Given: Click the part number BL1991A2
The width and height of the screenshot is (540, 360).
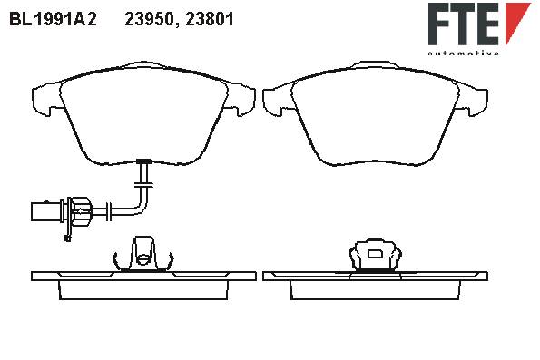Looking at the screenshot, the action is click(x=53, y=19).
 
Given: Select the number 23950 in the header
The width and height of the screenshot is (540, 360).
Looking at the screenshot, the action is click(x=149, y=20).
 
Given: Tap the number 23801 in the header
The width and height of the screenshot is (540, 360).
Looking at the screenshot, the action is click(x=210, y=19).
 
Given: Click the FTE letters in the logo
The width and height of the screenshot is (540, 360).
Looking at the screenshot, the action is click(x=464, y=24).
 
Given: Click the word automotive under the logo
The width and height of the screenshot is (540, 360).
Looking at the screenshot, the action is click(x=464, y=53).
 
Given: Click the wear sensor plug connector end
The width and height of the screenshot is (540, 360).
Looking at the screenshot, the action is click(x=46, y=211).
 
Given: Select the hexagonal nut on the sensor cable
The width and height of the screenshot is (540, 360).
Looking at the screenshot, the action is click(x=80, y=210).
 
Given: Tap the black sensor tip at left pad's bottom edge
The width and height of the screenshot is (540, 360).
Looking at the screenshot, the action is click(x=143, y=161).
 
